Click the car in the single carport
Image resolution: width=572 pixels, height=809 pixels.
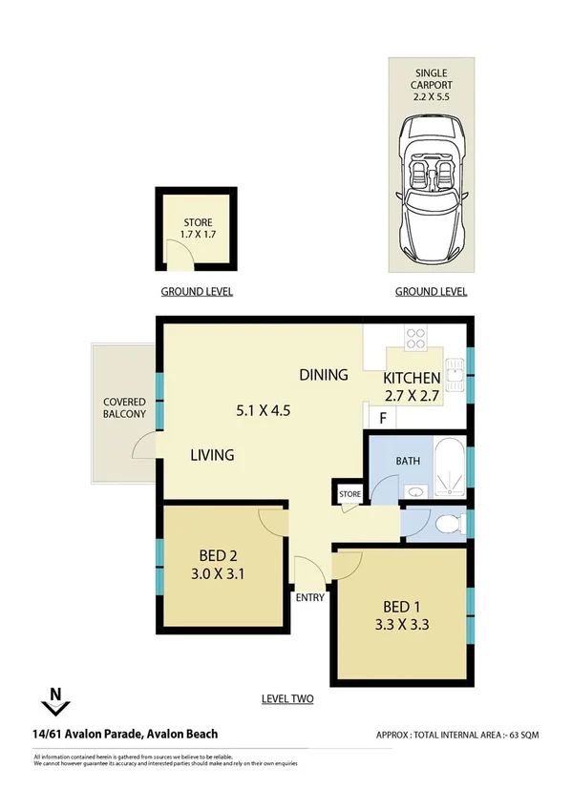(433, 191)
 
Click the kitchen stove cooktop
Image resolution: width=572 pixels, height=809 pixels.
(416, 337)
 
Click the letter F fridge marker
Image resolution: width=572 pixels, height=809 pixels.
(383, 417)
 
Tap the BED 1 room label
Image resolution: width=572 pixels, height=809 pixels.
(402, 608)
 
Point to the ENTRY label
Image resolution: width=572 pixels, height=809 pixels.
(310, 598)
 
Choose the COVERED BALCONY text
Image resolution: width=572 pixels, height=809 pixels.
(125, 407)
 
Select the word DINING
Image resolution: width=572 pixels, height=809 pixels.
(323, 375)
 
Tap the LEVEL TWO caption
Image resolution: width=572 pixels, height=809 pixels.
(287, 699)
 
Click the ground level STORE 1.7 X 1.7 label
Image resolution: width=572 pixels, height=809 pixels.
(197, 228)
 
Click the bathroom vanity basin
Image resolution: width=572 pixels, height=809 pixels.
(416, 492)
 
